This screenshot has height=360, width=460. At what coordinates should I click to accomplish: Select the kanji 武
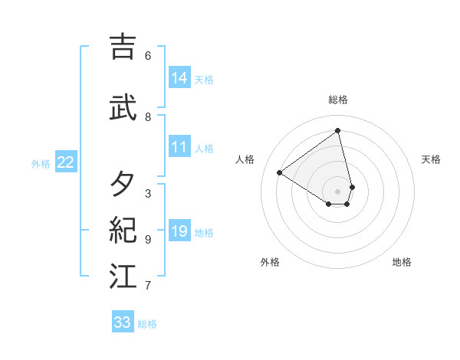coord(123,108)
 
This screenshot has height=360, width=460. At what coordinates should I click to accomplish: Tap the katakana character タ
coord(123,185)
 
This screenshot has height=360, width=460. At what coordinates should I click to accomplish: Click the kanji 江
coord(123,277)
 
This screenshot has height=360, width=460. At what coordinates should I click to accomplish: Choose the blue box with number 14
coord(179,78)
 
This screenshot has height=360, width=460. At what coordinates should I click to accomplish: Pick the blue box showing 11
coord(179,148)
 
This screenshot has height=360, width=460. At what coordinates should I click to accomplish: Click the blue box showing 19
coord(179,232)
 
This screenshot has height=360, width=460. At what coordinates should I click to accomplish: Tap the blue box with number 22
coord(66,162)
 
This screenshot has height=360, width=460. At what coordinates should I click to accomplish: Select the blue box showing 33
coord(123,322)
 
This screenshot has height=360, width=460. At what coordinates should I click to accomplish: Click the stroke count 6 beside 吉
coord(148,55)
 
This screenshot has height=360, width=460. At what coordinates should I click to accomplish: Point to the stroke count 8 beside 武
coord(148,117)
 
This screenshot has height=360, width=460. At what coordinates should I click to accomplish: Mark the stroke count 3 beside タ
coord(148,194)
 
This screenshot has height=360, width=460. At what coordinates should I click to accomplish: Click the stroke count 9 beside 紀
coord(148,240)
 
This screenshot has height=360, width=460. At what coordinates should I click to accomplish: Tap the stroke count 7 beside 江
coord(148,286)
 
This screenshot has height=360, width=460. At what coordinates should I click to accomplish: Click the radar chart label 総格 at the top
coord(338,100)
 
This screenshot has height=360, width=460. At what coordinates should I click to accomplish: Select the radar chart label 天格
coord(431,159)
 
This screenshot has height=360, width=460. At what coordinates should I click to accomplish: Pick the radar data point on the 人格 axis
coord(280,172)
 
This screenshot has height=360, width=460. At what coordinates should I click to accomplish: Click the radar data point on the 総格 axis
coord(338,131)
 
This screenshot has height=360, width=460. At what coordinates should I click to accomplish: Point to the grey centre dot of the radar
coord(338,191)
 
